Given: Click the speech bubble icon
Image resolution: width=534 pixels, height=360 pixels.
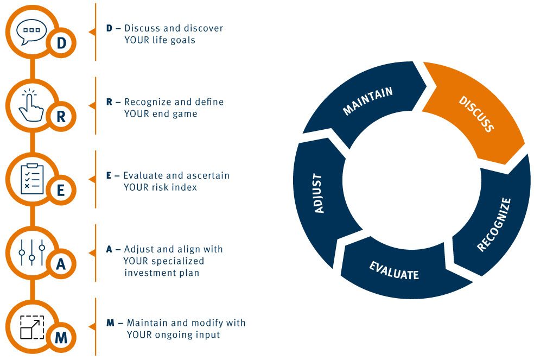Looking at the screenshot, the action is [x=31, y=31].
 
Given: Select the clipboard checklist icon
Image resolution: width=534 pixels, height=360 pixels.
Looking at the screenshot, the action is [x=32, y=179].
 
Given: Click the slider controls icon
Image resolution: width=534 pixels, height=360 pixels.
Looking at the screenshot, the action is [x=32, y=252].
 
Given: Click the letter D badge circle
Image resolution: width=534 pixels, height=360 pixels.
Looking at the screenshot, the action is [x=61, y=43].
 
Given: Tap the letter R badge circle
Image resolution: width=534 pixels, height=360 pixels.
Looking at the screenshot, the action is [x=61, y=117].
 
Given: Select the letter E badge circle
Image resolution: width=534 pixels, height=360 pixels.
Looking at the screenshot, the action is [x=61, y=190].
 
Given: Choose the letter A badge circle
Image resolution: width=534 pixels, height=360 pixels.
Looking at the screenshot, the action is [x=61, y=264].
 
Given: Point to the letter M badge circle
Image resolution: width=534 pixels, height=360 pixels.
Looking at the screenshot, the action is [x=61, y=338].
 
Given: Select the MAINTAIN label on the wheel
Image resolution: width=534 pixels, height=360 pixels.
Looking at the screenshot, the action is [x=368, y=101].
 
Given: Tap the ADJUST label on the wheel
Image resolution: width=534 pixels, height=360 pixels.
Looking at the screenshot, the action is [x=319, y=194].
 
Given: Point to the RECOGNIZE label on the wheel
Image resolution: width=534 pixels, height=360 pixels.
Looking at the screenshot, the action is [x=494, y=224].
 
